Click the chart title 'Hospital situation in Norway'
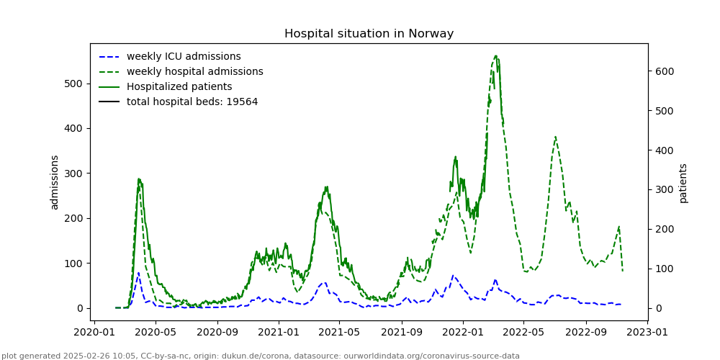pos(369,34)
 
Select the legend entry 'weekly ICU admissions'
pos(184,57)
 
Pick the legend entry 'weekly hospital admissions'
pos(194,72)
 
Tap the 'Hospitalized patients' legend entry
pos(179,87)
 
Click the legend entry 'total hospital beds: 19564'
pos(192,102)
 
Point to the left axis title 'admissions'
pos(55,182)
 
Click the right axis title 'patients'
pos(683,183)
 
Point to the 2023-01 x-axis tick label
pos(646,333)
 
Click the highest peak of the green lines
pos(496,55)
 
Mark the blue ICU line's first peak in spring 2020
pos(139,273)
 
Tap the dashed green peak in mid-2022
pos(555,137)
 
